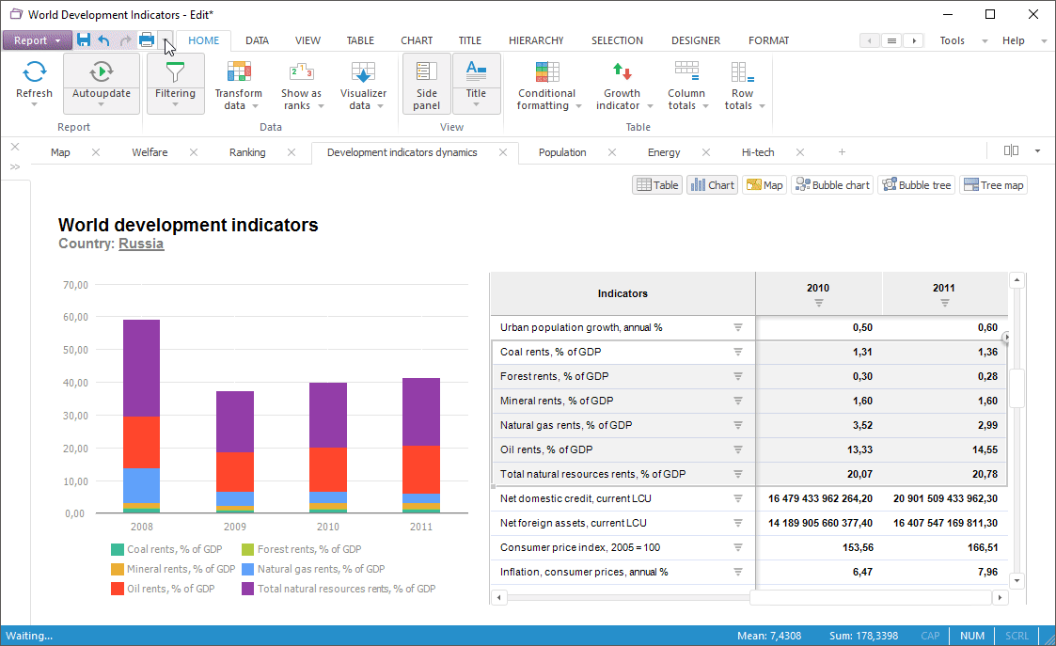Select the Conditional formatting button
click(x=546, y=85)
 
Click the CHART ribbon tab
click(x=417, y=40)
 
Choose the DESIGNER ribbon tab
click(x=696, y=40)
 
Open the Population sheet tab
click(x=562, y=152)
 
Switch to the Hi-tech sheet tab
click(x=758, y=152)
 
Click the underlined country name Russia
click(x=141, y=244)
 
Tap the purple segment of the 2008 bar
click(x=141, y=368)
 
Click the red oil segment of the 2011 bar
click(x=420, y=469)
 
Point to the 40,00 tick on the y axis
click(x=75, y=383)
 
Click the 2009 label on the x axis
click(x=235, y=528)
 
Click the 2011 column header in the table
click(x=944, y=289)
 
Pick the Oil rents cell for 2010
click(x=819, y=449)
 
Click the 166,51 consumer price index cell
click(x=944, y=547)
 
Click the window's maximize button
click(x=990, y=14)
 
